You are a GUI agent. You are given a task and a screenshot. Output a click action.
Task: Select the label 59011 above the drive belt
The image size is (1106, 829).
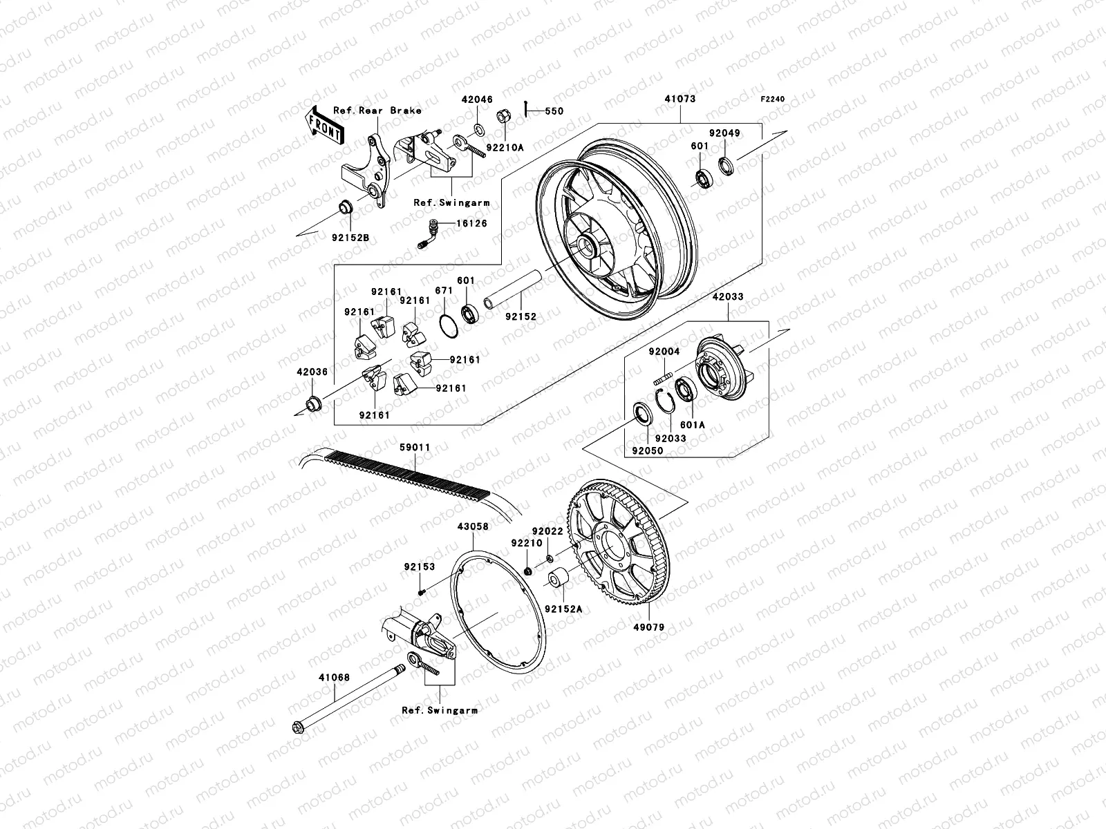point(414,448)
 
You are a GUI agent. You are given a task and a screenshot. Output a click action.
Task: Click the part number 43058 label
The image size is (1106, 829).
point(472,526)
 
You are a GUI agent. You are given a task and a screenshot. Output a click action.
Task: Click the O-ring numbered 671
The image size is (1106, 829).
point(448,324)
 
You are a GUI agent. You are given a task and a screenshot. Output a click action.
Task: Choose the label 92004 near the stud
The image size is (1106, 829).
point(664,352)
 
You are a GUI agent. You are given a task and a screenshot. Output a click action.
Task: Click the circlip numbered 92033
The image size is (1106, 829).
point(667,401)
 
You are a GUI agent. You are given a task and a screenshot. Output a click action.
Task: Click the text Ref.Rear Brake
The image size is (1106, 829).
point(377,111)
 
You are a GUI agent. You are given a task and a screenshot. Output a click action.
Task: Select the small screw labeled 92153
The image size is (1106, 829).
point(420,591)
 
